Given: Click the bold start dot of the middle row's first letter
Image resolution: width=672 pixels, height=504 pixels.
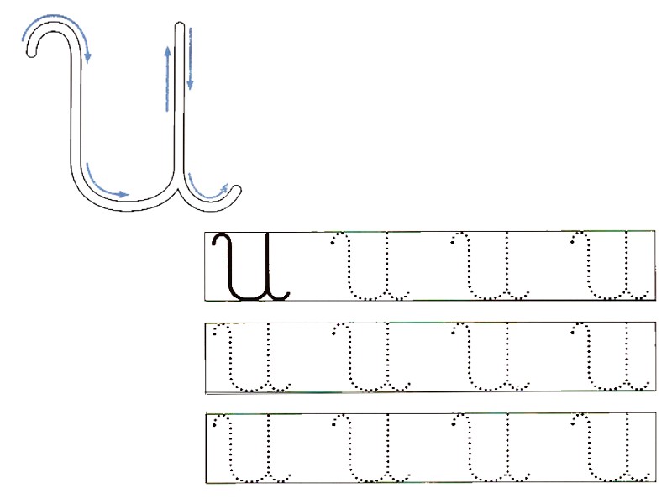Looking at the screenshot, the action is (x=215, y=333).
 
